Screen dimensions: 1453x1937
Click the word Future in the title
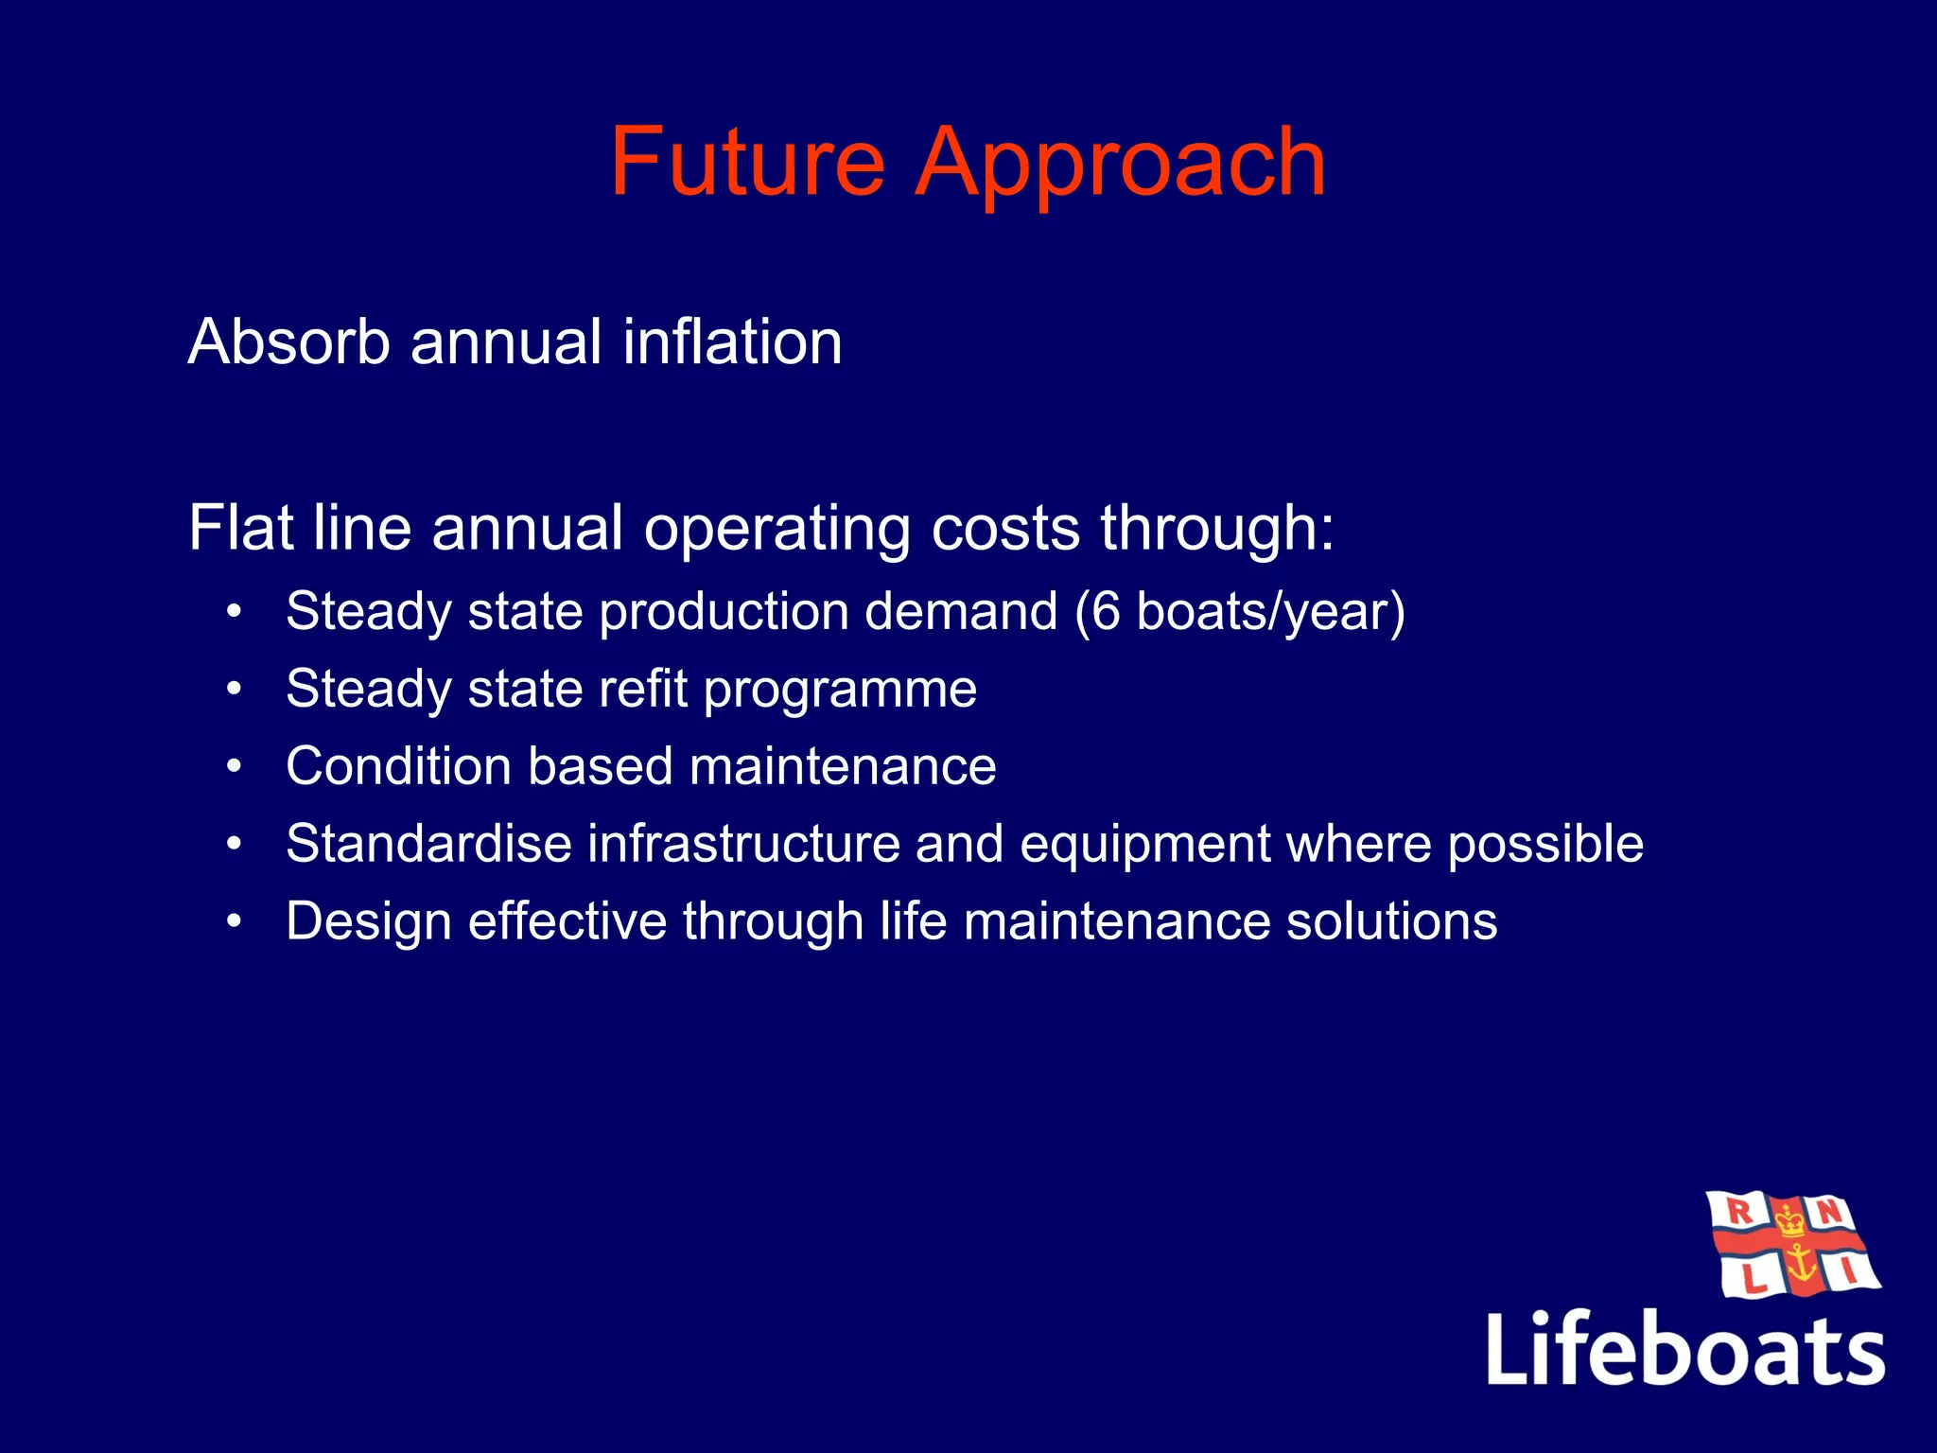[747, 163]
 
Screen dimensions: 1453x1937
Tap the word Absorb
[288, 341]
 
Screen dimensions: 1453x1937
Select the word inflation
[731, 341]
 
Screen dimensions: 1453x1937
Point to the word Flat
[240, 527]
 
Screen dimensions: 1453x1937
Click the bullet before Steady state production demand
[236, 611]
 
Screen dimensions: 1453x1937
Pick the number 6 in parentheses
[1106, 611]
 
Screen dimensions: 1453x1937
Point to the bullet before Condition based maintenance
[236, 766]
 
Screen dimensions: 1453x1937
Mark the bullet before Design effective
[236, 921]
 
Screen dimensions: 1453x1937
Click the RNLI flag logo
[1793, 1245]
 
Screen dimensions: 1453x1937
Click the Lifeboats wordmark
[1685, 1349]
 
